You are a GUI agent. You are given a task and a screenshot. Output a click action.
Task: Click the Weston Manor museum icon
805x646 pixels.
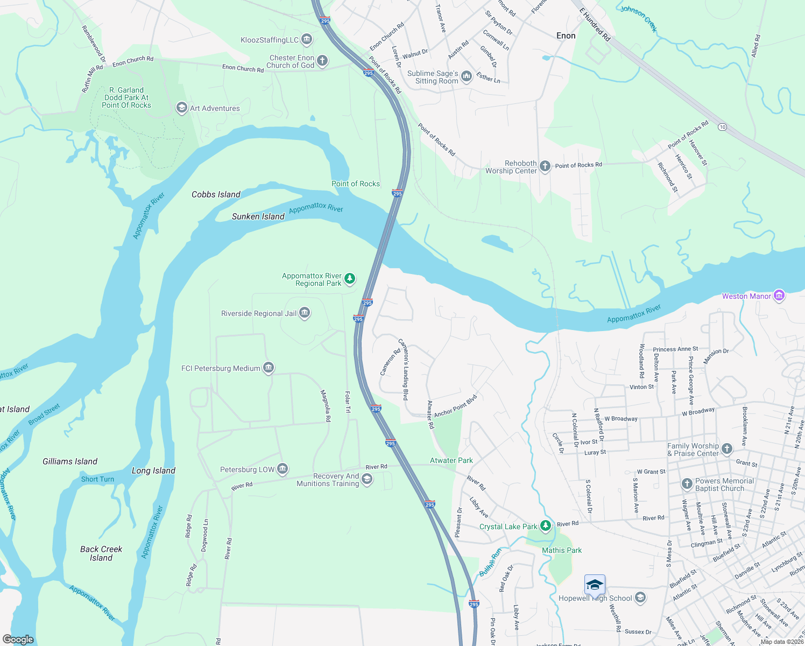click(779, 296)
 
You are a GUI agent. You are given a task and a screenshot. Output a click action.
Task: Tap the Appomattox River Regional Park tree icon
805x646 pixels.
click(350, 279)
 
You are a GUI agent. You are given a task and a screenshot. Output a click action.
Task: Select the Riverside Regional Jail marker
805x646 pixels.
click(305, 313)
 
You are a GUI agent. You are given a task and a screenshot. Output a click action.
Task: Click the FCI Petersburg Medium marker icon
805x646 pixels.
click(269, 368)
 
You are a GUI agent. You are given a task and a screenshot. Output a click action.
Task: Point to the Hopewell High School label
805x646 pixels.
click(595, 598)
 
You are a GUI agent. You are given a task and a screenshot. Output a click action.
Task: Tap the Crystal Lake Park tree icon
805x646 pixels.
click(546, 525)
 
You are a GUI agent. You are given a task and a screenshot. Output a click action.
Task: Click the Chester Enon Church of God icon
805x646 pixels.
click(322, 61)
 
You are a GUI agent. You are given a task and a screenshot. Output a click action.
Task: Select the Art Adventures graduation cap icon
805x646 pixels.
click(182, 108)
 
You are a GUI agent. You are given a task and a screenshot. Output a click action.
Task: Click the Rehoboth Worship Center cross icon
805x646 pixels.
click(545, 166)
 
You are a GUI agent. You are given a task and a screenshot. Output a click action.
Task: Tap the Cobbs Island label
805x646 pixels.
click(216, 194)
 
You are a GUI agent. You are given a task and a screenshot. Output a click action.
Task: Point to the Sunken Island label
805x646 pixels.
click(258, 216)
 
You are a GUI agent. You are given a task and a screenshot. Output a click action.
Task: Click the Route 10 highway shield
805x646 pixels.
click(722, 128)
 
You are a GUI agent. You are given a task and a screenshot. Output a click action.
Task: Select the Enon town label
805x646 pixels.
click(566, 36)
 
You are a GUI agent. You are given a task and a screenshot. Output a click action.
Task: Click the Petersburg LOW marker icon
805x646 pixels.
click(283, 469)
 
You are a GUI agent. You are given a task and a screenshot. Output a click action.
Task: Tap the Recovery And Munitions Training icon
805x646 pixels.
click(367, 479)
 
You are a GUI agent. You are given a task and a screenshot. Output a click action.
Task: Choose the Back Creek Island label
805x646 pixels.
click(101, 553)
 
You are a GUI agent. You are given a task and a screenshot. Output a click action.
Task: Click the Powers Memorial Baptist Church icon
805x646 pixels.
click(687, 484)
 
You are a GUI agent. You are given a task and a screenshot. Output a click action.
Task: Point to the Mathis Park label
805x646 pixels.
click(562, 550)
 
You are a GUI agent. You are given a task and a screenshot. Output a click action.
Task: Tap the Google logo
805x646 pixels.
click(18, 639)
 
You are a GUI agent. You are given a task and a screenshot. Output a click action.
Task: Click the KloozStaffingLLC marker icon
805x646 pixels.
click(307, 39)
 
